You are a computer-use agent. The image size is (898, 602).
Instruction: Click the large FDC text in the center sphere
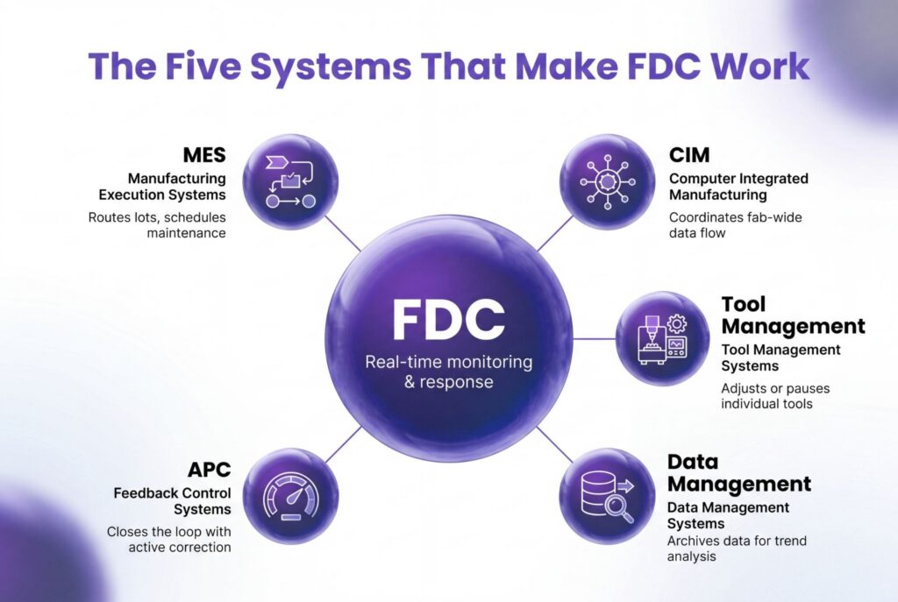(448, 320)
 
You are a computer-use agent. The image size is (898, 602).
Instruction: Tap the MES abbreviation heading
(204, 155)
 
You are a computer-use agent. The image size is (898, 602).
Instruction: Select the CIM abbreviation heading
(689, 155)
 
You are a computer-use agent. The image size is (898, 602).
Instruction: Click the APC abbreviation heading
(209, 470)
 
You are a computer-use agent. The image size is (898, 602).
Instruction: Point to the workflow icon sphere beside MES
(290, 182)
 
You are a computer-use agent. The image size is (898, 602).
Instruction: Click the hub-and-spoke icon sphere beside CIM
(607, 182)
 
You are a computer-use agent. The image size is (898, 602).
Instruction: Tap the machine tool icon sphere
(663, 339)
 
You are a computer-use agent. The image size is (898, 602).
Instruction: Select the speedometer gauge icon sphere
(290, 496)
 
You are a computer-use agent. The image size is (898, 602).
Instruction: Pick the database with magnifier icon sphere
(607, 496)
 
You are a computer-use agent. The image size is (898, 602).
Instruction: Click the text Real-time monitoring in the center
(448, 362)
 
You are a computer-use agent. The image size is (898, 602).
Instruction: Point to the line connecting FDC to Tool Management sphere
(594, 339)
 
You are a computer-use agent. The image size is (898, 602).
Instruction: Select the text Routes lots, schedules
(157, 217)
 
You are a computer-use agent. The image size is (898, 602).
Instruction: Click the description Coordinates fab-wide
(736, 217)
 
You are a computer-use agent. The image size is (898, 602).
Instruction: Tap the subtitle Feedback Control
(172, 493)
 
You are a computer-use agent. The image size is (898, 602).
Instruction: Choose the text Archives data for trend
(737, 541)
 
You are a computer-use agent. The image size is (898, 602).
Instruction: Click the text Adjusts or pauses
(775, 388)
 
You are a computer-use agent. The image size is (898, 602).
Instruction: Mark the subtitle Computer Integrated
(738, 179)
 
